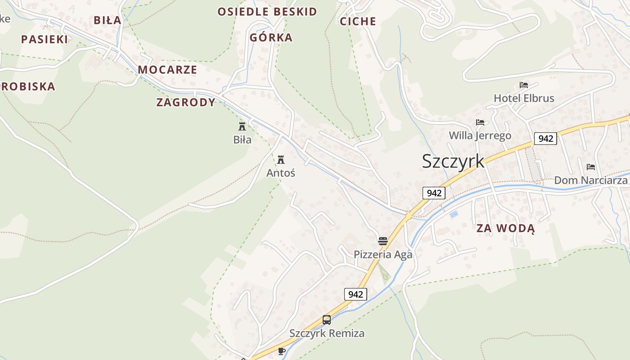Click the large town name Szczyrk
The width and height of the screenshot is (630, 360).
[x=453, y=161]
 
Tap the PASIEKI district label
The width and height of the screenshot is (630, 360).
[x=45, y=39]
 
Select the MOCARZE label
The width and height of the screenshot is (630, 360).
[x=167, y=70]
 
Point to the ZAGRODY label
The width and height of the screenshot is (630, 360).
[x=186, y=102]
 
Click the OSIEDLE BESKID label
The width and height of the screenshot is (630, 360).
[x=267, y=12]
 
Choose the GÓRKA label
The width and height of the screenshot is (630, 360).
[x=271, y=37]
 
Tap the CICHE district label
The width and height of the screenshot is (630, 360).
[x=358, y=21]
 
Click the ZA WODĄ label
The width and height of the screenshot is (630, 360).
[x=506, y=228]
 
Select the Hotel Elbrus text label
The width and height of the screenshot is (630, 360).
[x=524, y=98]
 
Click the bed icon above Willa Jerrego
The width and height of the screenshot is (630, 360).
[x=480, y=122]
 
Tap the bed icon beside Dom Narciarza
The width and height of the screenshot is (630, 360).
[x=591, y=167]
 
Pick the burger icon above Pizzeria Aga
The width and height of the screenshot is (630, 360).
[x=383, y=241]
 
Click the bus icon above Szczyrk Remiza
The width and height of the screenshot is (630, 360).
[x=327, y=320]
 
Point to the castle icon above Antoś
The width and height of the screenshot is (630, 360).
[x=281, y=159]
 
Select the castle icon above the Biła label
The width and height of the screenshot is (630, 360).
[x=242, y=126]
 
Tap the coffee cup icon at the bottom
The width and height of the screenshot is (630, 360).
[x=282, y=351]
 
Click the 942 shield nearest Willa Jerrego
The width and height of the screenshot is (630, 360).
[x=545, y=139]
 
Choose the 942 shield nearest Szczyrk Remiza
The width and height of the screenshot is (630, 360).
[x=355, y=295]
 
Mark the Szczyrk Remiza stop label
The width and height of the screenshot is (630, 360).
[x=327, y=333]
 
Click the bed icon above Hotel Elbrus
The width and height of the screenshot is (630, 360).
[x=523, y=85]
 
